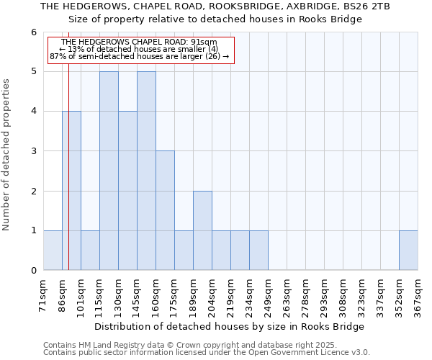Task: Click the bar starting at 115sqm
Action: [109, 171]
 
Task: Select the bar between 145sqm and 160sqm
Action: [146, 171]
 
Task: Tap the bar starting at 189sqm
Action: [202, 230]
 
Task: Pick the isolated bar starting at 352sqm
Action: [408, 250]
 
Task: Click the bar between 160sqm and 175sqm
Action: [165, 210]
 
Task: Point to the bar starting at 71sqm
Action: [53, 250]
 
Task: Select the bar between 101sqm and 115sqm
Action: [90, 250]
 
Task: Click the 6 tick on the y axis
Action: [33, 32]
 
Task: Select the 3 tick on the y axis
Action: [33, 151]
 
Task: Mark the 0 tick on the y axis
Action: [33, 270]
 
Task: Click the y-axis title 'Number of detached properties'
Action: [6, 156]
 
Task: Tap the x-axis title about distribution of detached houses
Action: [230, 326]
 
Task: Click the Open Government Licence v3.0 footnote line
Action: [207, 353]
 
